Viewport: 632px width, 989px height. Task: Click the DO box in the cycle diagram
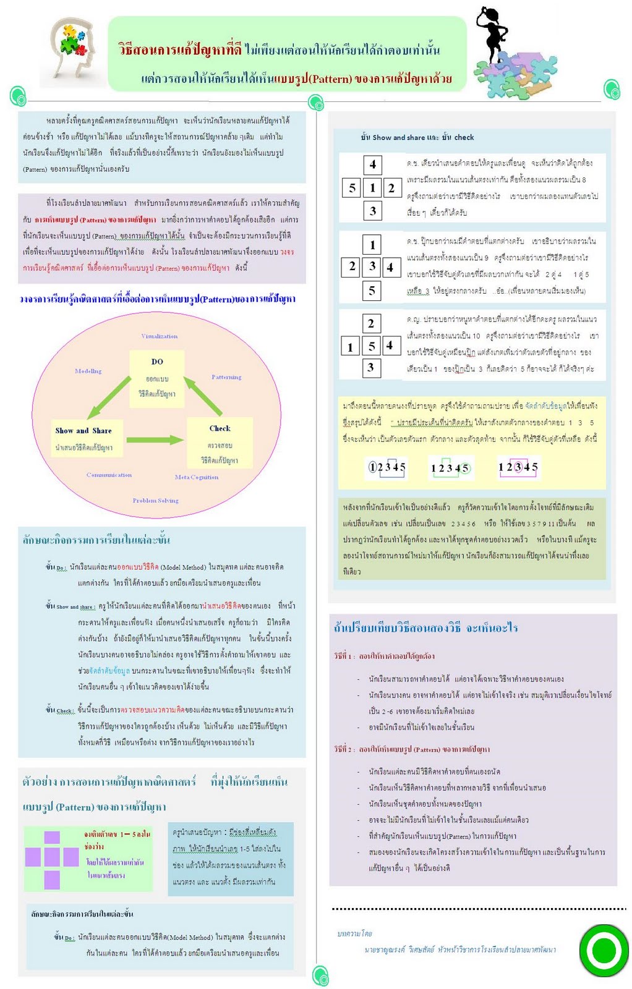pyautogui.click(x=157, y=378)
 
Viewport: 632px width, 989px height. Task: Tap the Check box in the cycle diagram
pyautogui.click(x=220, y=443)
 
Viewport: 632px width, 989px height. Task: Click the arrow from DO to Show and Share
pyautogui.click(x=109, y=398)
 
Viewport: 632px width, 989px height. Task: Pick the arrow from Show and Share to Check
pyautogui.click(x=155, y=440)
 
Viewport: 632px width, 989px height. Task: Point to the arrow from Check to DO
pyautogui.click(x=203, y=396)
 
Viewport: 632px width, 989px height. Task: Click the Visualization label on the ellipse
pyautogui.click(x=159, y=336)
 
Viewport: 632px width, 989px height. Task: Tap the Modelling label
pyautogui.click(x=88, y=371)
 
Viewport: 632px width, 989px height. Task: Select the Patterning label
pyautogui.click(x=226, y=377)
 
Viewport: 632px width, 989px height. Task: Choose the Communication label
pyautogui.click(x=109, y=475)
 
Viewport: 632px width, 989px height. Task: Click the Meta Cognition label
pyautogui.click(x=196, y=477)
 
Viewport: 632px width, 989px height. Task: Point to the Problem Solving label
pyautogui.click(x=155, y=500)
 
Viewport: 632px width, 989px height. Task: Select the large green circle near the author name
pyautogui.click(x=604, y=950)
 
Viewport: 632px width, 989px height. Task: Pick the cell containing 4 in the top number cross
pyautogui.click(x=372, y=164)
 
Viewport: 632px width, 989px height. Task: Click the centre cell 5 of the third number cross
pyautogui.click(x=371, y=346)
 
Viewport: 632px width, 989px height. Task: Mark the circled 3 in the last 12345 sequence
pyautogui.click(x=518, y=467)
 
